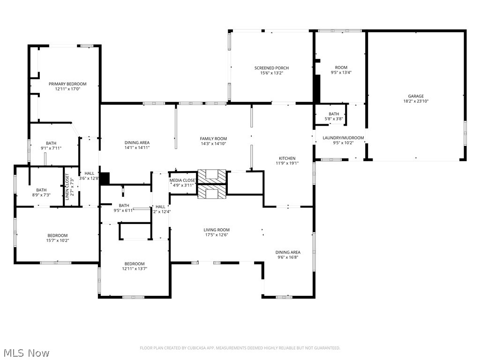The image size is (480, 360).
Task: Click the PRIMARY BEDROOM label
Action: click(x=67, y=84)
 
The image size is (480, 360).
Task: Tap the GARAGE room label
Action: click(x=416, y=96)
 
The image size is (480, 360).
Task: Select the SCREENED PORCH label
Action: click(x=271, y=68)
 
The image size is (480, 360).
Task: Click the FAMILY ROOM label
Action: click(x=213, y=139)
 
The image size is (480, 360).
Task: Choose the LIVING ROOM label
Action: click(x=217, y=230)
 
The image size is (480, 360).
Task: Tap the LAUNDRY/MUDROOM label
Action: click(x=343, y=138)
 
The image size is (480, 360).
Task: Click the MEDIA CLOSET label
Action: click(x=183, y=180)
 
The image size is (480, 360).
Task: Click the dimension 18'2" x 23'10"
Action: click(x=416, y=101)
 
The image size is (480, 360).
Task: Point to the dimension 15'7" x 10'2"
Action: click(x=57, y=240)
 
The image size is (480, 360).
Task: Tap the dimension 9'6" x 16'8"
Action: click(x=288, y=257)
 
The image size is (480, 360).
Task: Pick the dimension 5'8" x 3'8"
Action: click(x=334, y=119)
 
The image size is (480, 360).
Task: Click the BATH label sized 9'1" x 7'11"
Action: click(x=51, y=143)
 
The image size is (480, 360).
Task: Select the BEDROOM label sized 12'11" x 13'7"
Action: click(x=135, y=263)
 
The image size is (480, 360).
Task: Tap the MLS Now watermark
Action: click(x=26, y=352)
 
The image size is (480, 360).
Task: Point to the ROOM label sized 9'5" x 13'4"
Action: click(x=341, y=67)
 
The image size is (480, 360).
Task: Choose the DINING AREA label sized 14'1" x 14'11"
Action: click(x=137, y=142)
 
